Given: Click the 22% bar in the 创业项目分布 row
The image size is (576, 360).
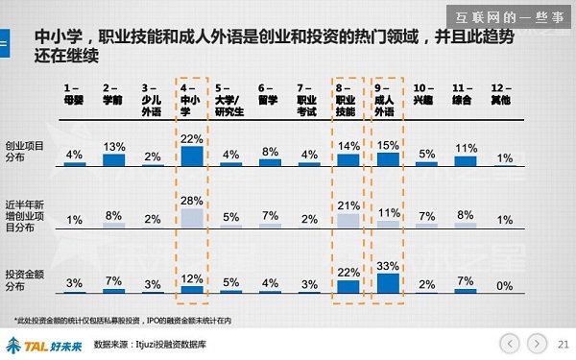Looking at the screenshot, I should pos(192,156).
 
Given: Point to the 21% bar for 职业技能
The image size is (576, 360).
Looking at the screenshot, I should pos(348,219).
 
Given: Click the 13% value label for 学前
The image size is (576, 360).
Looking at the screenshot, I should pos(113,147).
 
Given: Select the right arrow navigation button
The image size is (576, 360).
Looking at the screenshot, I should pos(537,341).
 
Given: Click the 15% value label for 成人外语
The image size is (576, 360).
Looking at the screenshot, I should pos(387,146).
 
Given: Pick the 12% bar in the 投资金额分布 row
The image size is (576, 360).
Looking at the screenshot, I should pos(192,287).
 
